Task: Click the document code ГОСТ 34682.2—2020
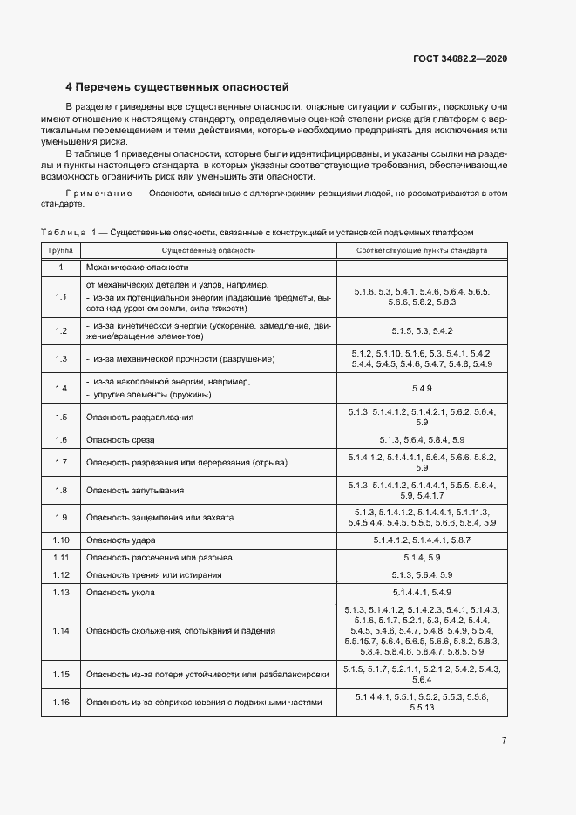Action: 460,59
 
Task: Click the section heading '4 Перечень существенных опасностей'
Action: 177,87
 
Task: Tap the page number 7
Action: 504,741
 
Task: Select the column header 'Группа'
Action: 60,250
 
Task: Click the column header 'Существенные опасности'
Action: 208,250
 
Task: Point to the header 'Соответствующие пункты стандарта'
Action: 422,250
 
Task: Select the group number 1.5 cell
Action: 60,418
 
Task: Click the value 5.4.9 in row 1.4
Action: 422,388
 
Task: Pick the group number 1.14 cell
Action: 60,630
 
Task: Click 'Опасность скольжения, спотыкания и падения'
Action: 180,630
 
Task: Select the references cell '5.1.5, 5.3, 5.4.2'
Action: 422,330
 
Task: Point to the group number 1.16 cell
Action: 60,702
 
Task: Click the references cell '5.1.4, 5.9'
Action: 422,558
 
